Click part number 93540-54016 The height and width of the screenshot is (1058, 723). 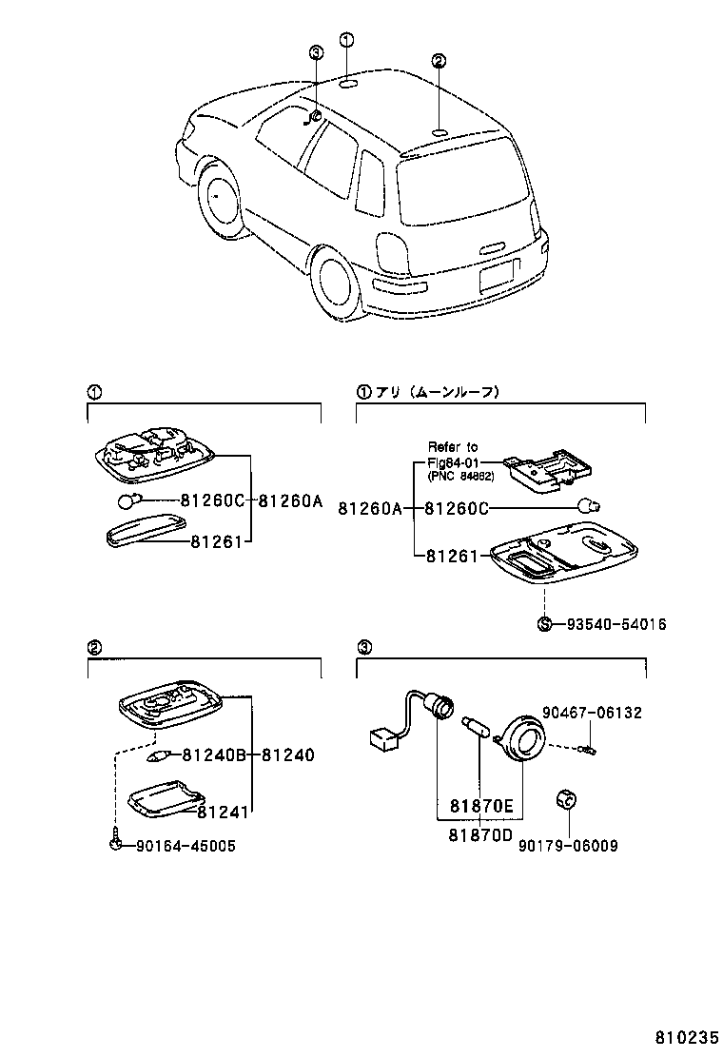(616, 625)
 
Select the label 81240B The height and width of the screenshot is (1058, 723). (214, 755)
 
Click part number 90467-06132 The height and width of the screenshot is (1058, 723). (592, 712)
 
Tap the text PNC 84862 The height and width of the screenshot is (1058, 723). (461, 477)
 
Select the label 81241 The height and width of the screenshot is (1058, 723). (223, 812)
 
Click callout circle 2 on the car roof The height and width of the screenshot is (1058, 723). (439, 62)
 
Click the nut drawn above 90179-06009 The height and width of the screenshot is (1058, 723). (565, 799)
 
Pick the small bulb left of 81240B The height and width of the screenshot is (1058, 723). (159, 756)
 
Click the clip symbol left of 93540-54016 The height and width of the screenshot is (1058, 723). (544, 625)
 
